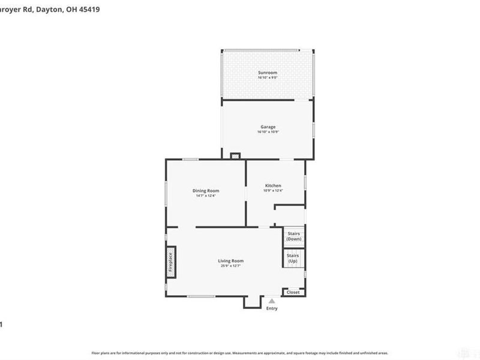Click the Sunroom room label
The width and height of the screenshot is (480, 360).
268,73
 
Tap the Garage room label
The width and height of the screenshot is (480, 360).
268,127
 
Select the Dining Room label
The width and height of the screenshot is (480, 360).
205,190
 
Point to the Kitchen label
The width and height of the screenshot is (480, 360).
273,185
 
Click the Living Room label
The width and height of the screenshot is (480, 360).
230,260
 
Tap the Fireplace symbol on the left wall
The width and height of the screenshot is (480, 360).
170,262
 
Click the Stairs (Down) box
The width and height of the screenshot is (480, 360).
293,236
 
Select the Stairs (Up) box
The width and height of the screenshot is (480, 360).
293,259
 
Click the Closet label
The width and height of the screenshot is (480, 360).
293,292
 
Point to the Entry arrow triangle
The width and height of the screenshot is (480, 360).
272,301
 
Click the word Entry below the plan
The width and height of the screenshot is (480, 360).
272,308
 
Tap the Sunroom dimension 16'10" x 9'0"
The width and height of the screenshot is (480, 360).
268,77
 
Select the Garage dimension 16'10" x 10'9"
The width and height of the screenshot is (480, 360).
268,131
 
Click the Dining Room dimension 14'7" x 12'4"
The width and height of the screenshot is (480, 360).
205,196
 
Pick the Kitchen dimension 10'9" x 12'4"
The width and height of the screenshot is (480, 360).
273,191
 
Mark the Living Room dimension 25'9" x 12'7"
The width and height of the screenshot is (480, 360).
230,266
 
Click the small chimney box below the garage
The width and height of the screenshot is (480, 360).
235,156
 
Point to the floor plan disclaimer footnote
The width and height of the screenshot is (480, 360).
239,353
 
